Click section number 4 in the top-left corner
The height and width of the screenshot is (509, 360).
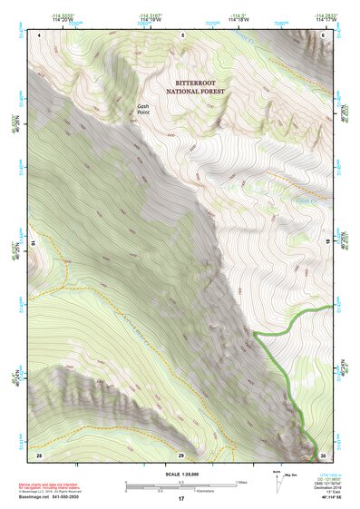tap(41, 34)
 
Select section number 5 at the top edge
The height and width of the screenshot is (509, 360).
tap(182, 34)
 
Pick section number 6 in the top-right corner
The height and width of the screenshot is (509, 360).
tap(323, 34)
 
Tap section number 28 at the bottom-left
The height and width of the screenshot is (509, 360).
tap(39, 453)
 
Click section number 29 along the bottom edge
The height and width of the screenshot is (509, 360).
tap(181, 453)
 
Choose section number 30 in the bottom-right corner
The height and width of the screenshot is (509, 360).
tap(322, 453)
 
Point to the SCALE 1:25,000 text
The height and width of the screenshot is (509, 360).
tap(181, 475)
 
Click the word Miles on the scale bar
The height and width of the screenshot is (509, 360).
tap(241, 482)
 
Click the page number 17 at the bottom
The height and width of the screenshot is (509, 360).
tap(181, 499)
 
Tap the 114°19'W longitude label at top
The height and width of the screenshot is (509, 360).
tap(151, 20)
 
